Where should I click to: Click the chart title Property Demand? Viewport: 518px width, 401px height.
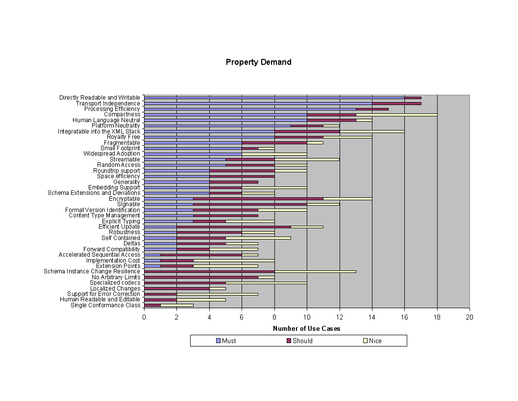point(258,62)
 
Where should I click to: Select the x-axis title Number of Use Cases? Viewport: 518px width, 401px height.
point(306,329)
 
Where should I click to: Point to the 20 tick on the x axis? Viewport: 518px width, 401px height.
point(469,317)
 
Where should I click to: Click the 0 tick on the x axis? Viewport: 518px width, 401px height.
point(144,317)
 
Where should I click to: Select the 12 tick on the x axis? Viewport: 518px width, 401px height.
point(339,317)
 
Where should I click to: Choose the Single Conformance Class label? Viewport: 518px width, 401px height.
point(105,305)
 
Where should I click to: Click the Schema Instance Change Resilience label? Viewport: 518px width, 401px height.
point(92,271)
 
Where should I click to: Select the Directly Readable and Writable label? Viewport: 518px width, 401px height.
point(99,98)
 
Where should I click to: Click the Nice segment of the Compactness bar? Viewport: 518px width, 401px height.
point(396,114)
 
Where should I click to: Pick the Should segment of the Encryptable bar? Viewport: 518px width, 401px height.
point(258,199)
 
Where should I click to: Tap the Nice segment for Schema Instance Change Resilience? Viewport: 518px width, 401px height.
point(315,271)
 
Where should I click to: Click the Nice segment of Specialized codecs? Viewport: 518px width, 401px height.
point(266,283)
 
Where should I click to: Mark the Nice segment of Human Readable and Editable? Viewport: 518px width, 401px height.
point(201,299)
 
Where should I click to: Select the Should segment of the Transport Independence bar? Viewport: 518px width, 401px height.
point(396,104)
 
